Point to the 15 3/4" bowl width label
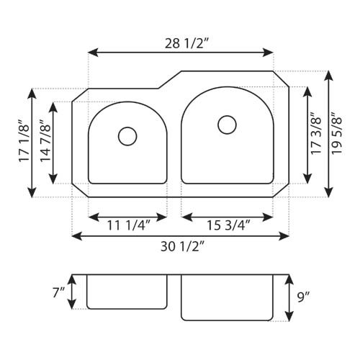click(x=227, y=226)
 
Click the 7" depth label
click(x=58, y=293)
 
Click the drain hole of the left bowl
click(x=127, y=135)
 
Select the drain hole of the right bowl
click(x=227, y=125)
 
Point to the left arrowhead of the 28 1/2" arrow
click(x=91, y=52)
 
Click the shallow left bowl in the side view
click(x=127, y=291)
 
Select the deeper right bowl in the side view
click(x=227, y=297)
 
